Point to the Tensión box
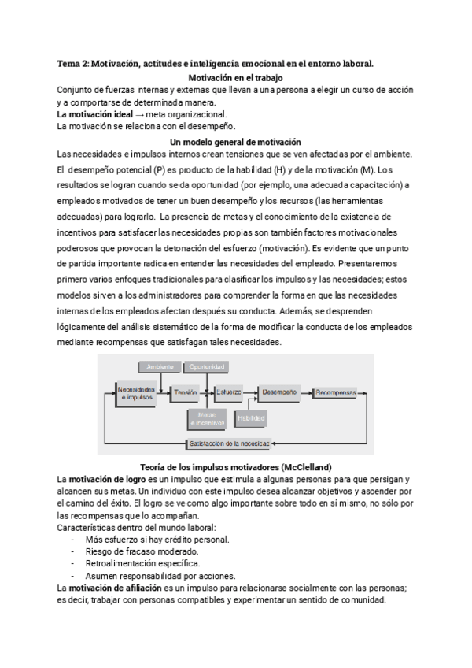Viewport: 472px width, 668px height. [x=186, y=392]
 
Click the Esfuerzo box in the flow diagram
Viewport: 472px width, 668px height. [x=229, y=392]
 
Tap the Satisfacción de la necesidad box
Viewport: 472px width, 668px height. [x=230, y=443]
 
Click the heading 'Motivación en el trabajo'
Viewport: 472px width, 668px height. [x=236, y=78]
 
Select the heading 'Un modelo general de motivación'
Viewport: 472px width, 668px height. [x=236, y=139]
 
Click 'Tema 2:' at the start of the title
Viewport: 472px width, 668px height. [x=74, y=62]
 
